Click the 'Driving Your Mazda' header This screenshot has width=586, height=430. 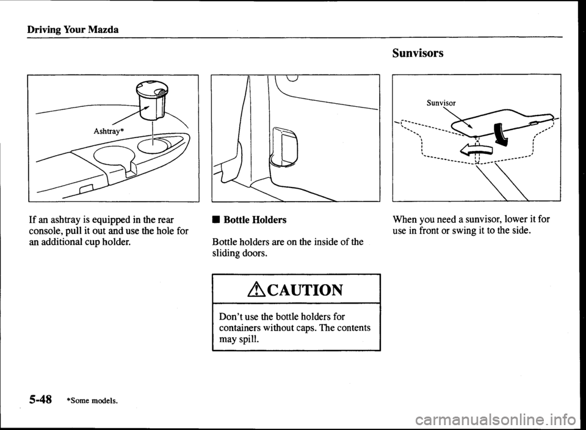click(73, 29)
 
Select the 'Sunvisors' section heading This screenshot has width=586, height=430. click(418, 53)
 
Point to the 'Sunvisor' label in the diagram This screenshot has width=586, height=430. click(441, 103)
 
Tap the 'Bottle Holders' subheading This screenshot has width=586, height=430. click(255, 219)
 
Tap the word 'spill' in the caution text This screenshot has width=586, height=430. click(246, 340)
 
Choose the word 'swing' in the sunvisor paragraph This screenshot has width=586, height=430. click(457, 231)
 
